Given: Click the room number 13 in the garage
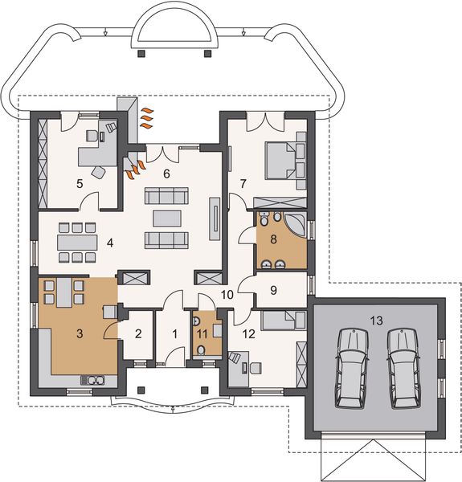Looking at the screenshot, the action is [x=376, y=321].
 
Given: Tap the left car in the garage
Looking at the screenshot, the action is [x=352, y=368].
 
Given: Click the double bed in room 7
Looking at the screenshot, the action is [x=286, y=160].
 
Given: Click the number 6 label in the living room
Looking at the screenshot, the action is [x=166, y=174].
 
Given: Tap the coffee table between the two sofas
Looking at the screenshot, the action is [x=167, y=219].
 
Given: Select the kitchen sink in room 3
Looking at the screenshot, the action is [x=92, y=381].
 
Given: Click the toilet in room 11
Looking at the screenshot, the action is [x=201, y=350].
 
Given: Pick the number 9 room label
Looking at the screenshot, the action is [x=273, y=290].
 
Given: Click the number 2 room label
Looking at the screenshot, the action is [x=138, y=333].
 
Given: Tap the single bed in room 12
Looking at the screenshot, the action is [x=284, y=320].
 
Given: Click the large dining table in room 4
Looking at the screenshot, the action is [x=77, y=243].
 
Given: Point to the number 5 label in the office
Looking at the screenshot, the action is [x=80, y=184].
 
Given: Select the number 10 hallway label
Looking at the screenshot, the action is [x=227, y=295].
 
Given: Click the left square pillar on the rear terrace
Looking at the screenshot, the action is [x=141, y=54].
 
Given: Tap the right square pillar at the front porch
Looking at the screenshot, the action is [x=204, y=390].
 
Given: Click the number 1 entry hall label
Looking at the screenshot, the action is [x=175, y=333].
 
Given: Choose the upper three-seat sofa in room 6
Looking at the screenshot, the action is [x=166, y=195].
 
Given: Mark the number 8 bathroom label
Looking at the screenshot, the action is [x=273, y=239].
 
